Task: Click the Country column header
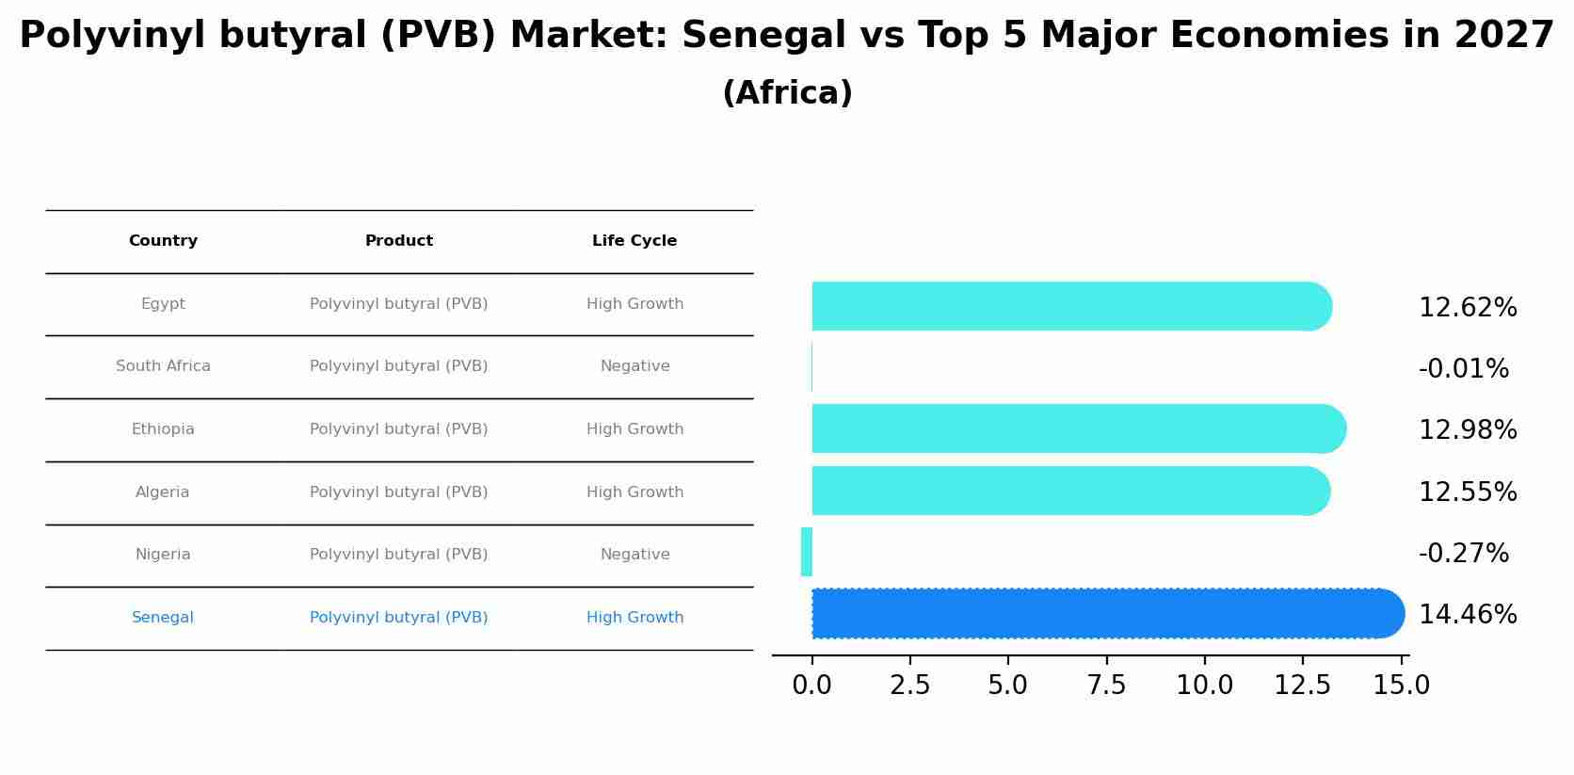(x=163, y=241)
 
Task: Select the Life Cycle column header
(x=634, y=241)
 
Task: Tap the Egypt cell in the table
(x=163, y=304)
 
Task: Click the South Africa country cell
(x=163, y=366)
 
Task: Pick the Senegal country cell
(x=163, y=618)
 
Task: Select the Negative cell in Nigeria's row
(x=634, y=555)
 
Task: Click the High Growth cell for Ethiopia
(x=634, y=429)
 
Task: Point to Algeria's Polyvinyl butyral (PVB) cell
(x=398, y=492)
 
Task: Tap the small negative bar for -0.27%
(x=807, y=552)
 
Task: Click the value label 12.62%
(x=1467, y=308)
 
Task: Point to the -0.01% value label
(x=1463, y=369)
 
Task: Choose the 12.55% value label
(x=1467, y=492)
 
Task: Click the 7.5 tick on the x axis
(x=1106, y=686)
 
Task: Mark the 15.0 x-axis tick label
(x=1401, y=686)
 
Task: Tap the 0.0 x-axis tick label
(x=811, y=686)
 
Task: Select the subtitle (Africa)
(x=787, y=93)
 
